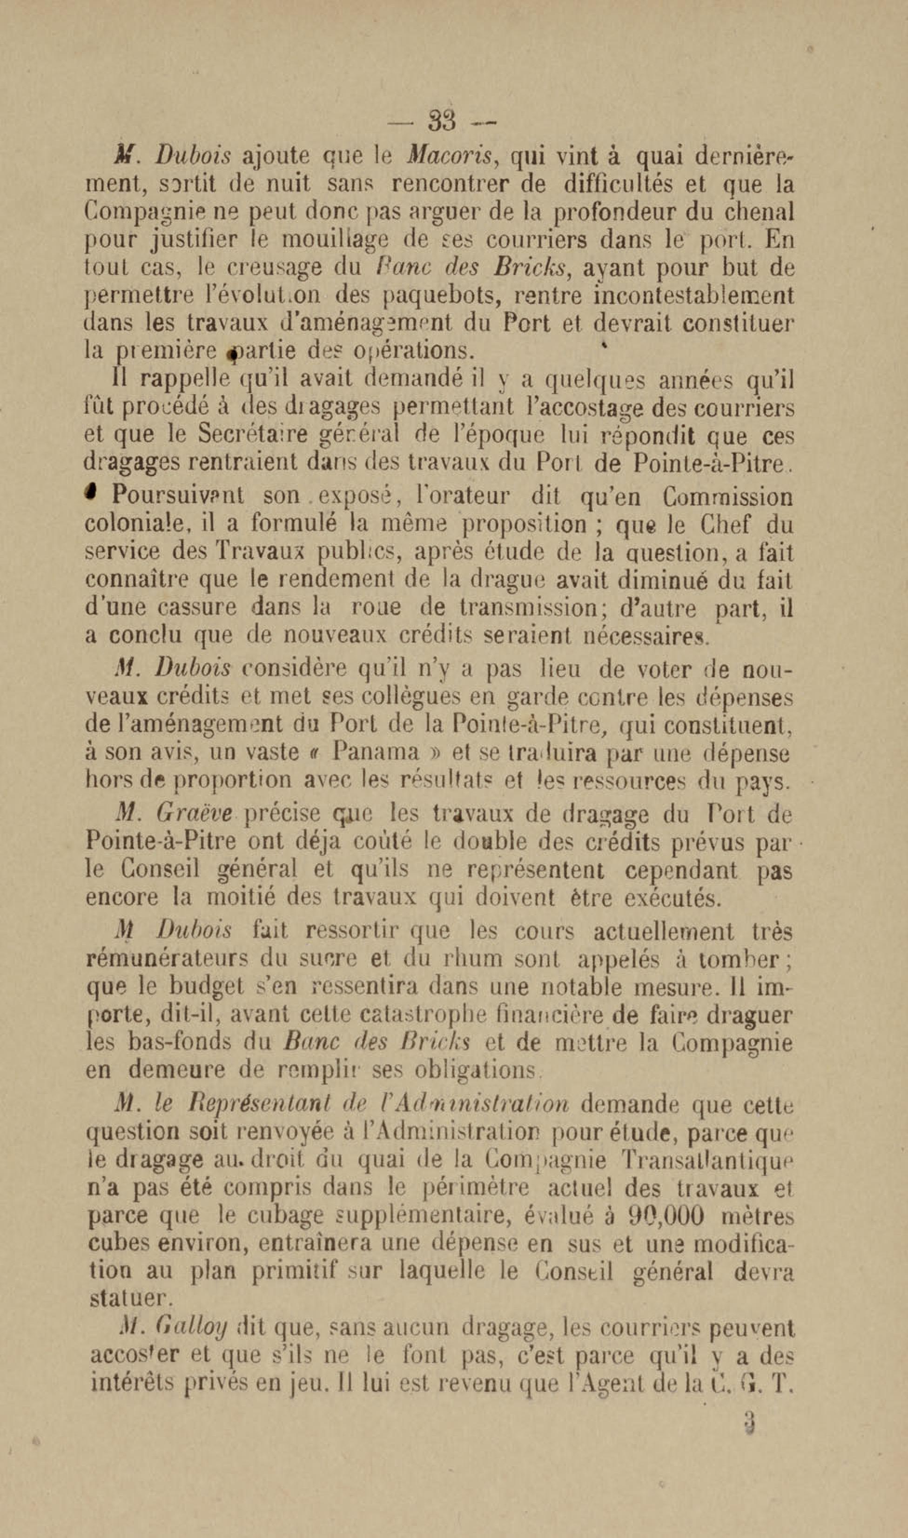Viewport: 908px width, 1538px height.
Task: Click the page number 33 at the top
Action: (x=443, y=120)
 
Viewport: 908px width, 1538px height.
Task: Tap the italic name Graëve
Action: (x=195, y=813)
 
